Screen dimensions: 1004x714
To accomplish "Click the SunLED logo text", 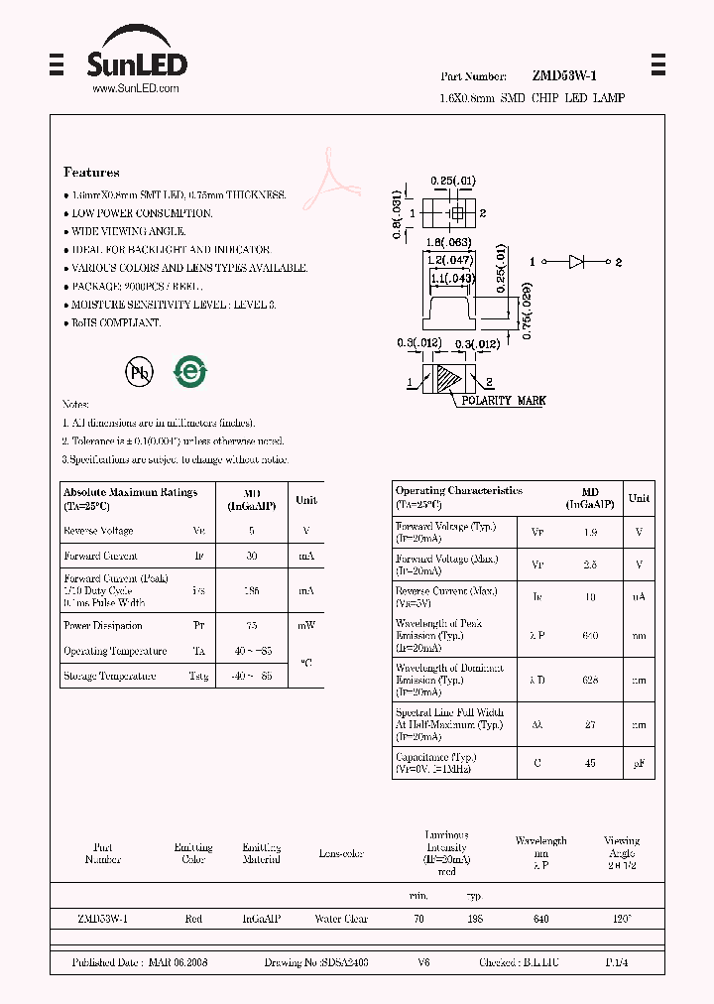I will (136, 65).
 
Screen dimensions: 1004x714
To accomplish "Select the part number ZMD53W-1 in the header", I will (564, 76).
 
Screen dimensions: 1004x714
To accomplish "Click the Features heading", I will (91, 172).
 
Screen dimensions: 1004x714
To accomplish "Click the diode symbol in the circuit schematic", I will (578, 262).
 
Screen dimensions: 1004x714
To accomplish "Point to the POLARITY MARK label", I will (503, 401).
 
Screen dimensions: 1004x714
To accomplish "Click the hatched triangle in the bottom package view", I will (450, 381).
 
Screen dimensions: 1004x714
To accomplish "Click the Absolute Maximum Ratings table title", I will (130, 492).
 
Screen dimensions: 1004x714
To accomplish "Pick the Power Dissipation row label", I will (103, 626).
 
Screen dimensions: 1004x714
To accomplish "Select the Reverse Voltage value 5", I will (252, 532).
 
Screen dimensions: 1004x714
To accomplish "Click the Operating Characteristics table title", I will (458, 491).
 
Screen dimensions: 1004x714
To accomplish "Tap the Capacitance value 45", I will (590, 763).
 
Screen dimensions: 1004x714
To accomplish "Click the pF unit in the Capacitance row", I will (640, 763).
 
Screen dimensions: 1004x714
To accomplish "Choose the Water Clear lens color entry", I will (341, 920).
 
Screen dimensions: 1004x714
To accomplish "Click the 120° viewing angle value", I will (622, 920).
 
